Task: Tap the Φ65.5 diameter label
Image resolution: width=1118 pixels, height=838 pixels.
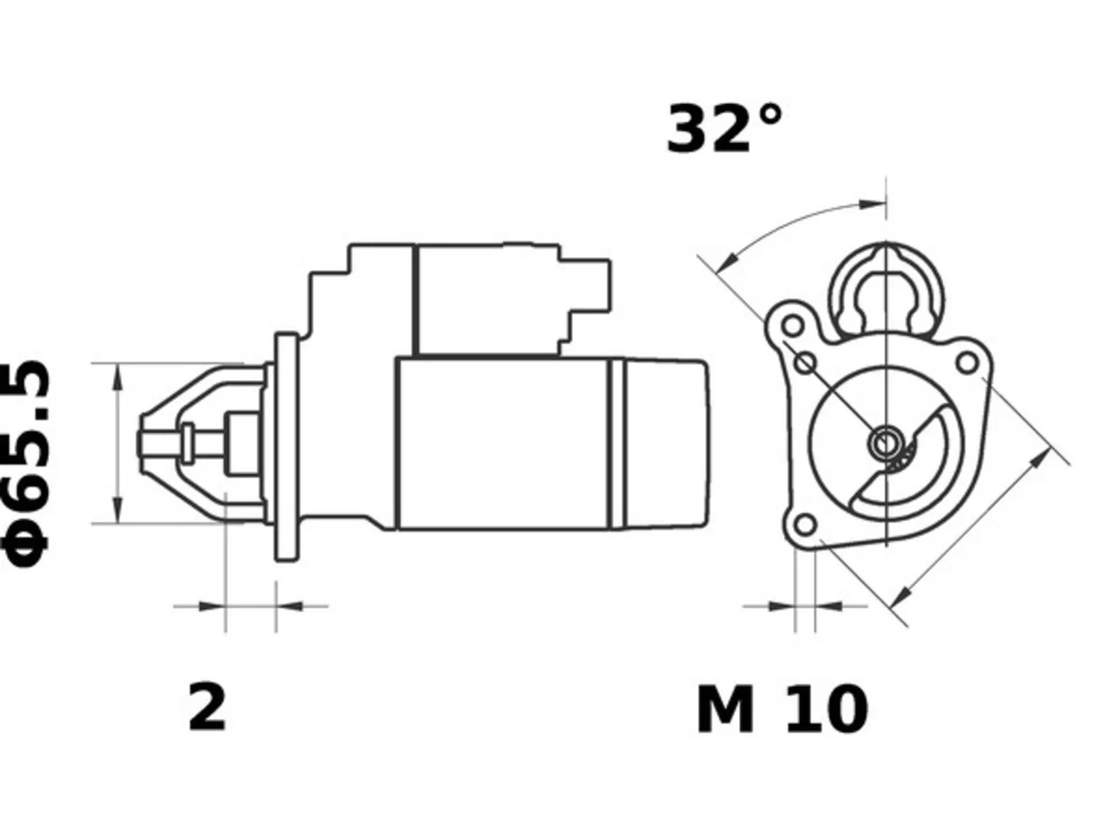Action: [25, 464]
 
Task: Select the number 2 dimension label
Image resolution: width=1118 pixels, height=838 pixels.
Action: [207, 708]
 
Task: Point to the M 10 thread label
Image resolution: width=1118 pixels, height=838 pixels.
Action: [782, 709]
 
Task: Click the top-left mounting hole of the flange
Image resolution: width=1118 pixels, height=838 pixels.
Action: [792, 325]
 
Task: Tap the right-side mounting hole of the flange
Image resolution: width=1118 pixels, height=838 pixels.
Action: [968, 363]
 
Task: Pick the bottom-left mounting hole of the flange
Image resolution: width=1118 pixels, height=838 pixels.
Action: [805, 525]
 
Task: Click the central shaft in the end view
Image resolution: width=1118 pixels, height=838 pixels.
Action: [886, 443]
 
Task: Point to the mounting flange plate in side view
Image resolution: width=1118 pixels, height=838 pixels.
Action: [286, 447]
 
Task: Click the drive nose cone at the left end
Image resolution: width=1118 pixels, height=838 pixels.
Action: [203, 443]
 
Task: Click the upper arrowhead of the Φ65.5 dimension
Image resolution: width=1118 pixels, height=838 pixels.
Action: [118, 377]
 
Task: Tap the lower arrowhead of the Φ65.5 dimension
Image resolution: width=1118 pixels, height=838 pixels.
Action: [118, 509]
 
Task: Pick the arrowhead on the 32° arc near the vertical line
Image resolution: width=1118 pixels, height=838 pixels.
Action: [872, 204]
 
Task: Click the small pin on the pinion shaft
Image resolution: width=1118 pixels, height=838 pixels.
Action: [188, 443]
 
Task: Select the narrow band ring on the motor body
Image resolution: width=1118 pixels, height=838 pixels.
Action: [617, 443]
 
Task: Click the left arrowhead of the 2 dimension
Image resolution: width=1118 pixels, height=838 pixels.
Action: [211, 606]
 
